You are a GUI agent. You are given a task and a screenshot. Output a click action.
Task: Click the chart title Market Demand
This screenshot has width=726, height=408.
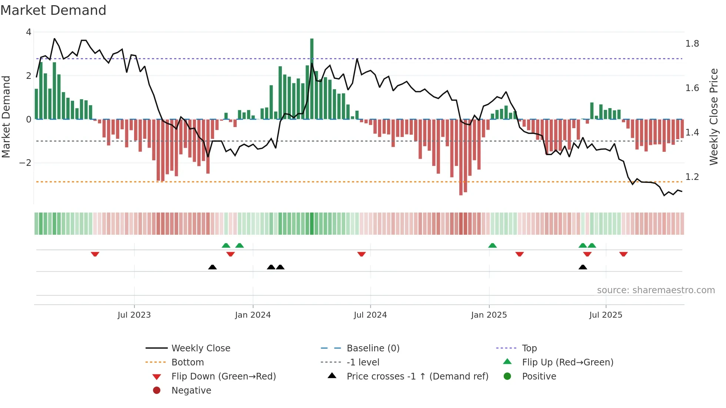pyautogui.click(x=53, y=10)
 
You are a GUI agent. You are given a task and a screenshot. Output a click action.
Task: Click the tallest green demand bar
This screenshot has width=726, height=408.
pyautogui.click(x=312, y=78)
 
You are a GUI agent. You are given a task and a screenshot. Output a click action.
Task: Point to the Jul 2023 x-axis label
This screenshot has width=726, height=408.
pyautogui.click(x=134, y=315)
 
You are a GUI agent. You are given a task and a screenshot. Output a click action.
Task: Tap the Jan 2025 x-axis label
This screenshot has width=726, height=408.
pyautogui.click(x=489, y=315)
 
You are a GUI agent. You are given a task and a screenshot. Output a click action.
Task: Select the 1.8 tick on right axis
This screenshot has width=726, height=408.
pyautogui.click(x=692, y=44)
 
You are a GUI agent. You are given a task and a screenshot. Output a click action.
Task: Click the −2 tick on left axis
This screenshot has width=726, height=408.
pyautogui.click(x=25, y=163)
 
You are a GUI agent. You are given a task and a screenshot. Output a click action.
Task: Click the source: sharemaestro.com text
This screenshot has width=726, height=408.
pyautogui.click(x=656, y=290)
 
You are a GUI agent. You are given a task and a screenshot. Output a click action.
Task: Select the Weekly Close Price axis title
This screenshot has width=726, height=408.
pyautogui.click(x=714, y=117)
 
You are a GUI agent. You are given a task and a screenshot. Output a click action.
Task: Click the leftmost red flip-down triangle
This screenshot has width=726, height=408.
pyautogui.click(x=95, y=254)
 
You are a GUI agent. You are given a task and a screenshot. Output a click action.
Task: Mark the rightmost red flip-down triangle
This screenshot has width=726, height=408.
pyautogui.click(x=623, y=254)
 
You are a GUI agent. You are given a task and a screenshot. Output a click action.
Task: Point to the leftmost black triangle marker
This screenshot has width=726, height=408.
pyautogui.click(x=212, y=267)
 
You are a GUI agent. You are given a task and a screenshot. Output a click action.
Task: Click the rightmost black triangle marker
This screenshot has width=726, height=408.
pyautogui.click(x=583, y=267)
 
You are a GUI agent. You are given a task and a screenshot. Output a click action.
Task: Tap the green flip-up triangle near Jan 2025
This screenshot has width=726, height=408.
pyautogui.click(x=492, y=245)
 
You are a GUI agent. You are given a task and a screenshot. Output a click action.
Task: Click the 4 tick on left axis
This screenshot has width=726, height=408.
pyautogui.click(x=29, y=32)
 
